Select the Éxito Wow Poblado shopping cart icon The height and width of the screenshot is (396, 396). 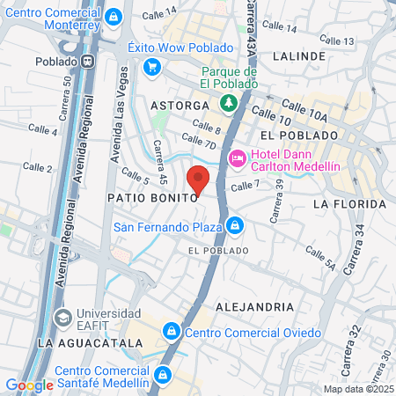[152, 66]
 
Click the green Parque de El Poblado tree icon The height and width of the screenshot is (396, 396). [229, 103]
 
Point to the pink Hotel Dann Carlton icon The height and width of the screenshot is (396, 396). [236, 158]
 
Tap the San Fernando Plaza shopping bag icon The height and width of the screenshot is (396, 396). [233, 226]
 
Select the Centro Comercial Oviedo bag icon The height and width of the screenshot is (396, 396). [172, 332]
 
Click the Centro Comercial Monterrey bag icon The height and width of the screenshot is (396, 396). [113, 17]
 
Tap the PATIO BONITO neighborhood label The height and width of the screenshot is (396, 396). [150, 198]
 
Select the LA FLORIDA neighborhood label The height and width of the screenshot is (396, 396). [350, 204]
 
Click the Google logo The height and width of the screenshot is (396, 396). [29, 385]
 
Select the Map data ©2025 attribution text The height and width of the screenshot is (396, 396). [358, 388]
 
